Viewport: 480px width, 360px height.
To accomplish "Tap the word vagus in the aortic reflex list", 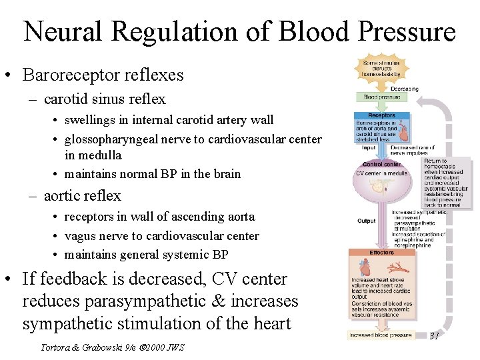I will [83, 235].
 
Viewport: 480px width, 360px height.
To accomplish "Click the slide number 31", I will [433, 335].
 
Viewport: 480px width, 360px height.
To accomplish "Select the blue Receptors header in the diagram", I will [377, 115].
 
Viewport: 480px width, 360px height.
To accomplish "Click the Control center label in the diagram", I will [381, 164].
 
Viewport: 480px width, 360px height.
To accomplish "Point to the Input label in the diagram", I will [369, 148].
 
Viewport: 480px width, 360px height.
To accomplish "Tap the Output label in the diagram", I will [367, 221].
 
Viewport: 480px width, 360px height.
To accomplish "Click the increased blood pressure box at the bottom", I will [381, 335].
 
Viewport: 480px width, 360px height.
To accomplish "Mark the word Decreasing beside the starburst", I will [405, 88].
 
